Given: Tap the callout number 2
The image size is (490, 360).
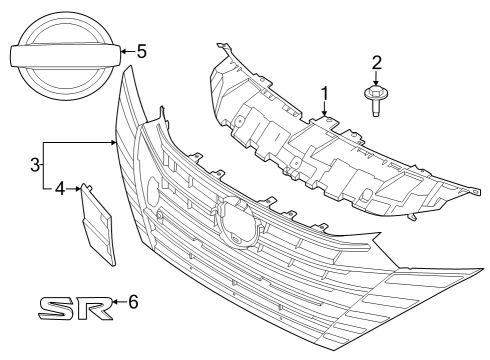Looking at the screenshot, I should tap(377, 63).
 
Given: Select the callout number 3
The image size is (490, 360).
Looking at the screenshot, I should tap(34, 163).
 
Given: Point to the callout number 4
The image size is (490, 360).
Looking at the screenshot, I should tap(59, 186).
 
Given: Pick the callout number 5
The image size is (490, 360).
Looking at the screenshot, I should tap(141, 49).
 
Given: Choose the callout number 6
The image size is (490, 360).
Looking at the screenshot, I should tap(133, 301).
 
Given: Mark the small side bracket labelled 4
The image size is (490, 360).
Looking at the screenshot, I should tap(97, 225).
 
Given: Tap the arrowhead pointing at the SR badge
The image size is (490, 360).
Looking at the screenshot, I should tap(113, 301).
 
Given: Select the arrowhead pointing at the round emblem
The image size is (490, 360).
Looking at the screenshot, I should tap(118, 49).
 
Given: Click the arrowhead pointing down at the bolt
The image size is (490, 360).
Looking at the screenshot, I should tap(377, 81).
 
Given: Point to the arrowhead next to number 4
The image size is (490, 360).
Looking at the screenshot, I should tap(76, 186).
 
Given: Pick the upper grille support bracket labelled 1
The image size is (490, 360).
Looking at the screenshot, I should tap(330, 150).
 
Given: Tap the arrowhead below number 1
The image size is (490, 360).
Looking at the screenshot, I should tap(324, 115).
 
